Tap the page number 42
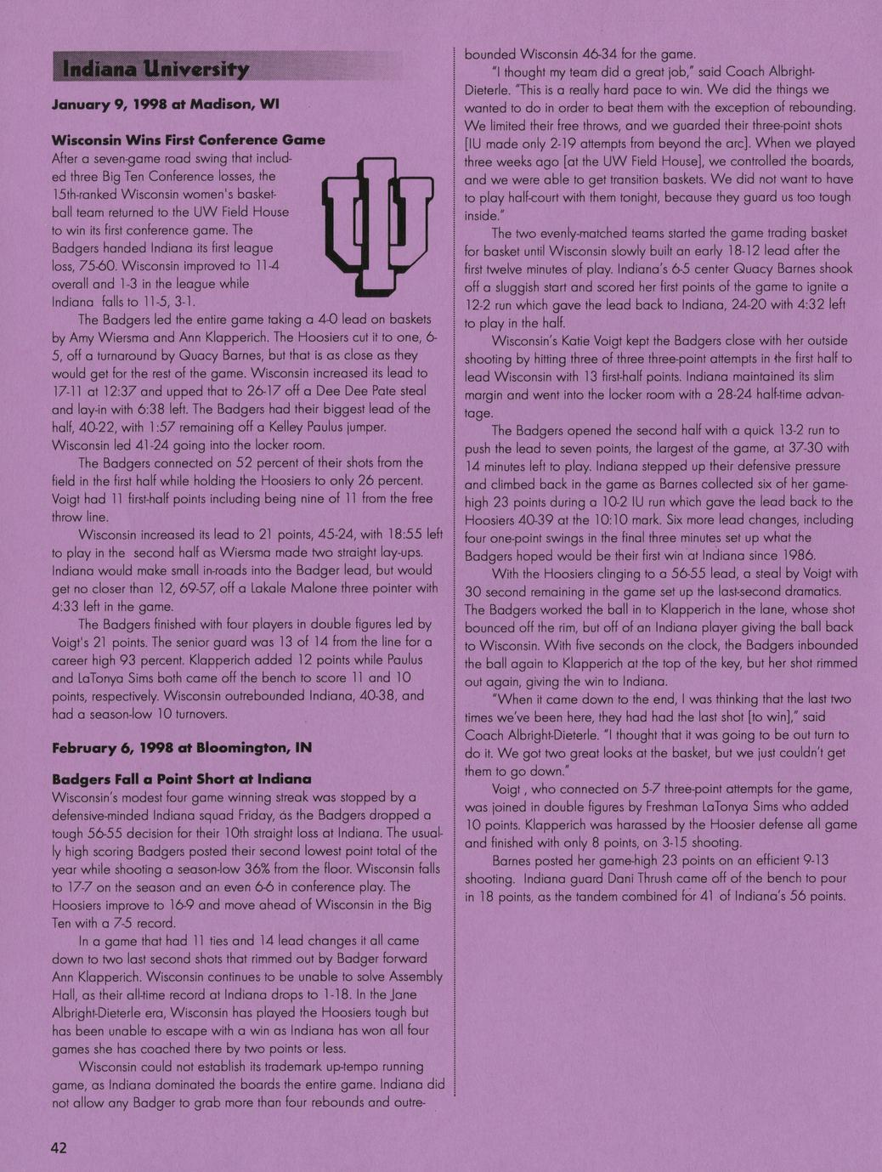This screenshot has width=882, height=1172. tap(59, 1148)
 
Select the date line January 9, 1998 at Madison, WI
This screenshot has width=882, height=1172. tap(165, 105)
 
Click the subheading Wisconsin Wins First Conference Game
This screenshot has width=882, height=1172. tap(188, 139)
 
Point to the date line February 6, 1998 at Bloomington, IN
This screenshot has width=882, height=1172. tap(181, 748)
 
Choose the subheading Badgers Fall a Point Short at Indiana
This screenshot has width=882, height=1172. tap(181, 779)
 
